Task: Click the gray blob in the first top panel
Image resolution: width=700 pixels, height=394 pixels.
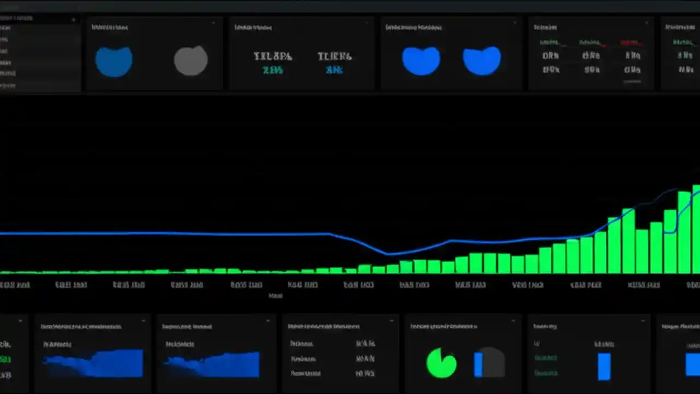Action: coord(191,60)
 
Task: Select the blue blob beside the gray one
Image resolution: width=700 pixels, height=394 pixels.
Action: coord(114,61)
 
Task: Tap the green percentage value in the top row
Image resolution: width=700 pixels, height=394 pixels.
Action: coord(272,70)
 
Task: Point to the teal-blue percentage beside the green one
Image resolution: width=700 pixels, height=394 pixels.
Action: coord(334,70)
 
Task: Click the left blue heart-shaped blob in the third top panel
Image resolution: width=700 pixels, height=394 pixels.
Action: coord(421,60)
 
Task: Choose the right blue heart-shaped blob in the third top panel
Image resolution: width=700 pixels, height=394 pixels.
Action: coord(482,60)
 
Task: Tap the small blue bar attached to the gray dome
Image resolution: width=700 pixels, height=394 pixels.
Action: coord(478,364)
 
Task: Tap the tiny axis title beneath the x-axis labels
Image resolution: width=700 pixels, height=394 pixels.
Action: coord(276,296)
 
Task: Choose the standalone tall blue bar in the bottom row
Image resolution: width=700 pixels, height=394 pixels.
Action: coord(604,366)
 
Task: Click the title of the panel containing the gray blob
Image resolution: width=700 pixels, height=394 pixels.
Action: coord(109,27)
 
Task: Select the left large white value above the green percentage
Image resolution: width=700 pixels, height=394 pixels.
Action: coord(272,56)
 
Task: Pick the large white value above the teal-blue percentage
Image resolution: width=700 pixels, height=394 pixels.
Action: coord(334,56)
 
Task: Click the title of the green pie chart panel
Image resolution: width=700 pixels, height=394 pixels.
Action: coord(444,326)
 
